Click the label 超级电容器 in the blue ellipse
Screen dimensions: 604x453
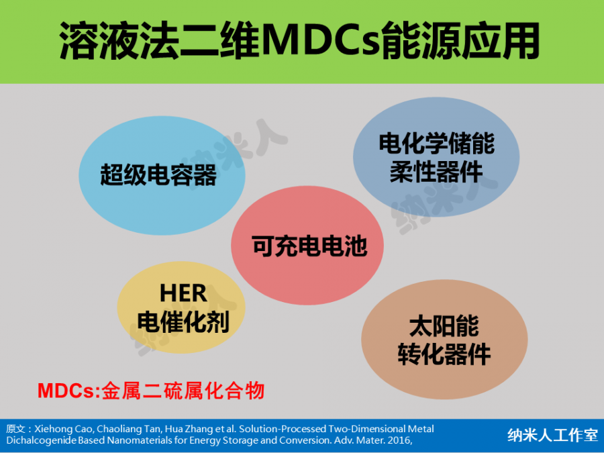coord(158,175)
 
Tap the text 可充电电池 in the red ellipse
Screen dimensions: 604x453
coord(309,246)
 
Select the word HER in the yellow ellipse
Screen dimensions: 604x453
coord(183,293)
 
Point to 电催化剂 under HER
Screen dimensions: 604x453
coord(183,321)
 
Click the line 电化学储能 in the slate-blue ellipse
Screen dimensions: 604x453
coord(437,144)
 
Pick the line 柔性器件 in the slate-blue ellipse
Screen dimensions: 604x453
coord(436,172)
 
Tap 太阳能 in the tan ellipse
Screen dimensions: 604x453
coord(444,326)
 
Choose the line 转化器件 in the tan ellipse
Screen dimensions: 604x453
coord(444,354)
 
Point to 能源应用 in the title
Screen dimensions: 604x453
coord(460,41)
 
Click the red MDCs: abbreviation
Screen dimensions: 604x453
coord(69,391)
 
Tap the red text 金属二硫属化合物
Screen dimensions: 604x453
coord(183,391)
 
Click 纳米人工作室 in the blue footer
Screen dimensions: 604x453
coord(553,435)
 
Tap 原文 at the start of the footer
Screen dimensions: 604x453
coord(16,429)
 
